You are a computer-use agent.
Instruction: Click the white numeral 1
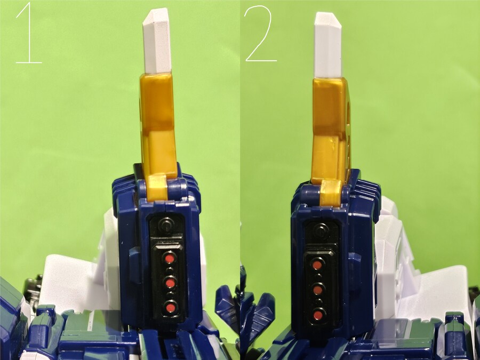(x=29, y=33)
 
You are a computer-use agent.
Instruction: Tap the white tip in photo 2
(x=328, y=45)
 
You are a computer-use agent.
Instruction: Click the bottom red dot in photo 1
(x=171, y=307)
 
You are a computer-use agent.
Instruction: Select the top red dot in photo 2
(x=317, y=265)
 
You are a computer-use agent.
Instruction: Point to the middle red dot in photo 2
(x=318, y=290)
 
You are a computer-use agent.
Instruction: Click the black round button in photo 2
(x=321, y=230)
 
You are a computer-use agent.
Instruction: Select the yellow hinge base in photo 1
(x=157, y=187)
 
